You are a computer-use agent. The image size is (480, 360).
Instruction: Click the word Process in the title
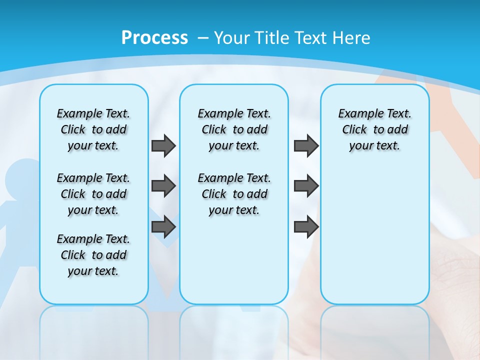pos(154,38)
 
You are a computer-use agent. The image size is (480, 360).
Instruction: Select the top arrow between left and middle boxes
pos(163,146)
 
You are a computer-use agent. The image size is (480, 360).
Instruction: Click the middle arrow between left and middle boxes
pos(163,186)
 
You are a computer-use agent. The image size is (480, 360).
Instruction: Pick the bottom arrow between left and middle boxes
pos(163,227)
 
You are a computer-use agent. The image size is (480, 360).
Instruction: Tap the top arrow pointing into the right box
pos(306,146)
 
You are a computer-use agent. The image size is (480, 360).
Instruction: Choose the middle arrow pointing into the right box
pos(306,186)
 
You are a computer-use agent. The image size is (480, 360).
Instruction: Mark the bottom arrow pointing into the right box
pos(306,227)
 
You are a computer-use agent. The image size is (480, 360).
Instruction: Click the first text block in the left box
pos(93,129)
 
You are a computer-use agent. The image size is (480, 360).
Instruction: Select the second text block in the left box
pos(93,194)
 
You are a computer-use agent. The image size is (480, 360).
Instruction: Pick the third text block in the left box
pos(93,255)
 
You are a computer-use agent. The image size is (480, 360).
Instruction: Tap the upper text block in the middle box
pos(234,129)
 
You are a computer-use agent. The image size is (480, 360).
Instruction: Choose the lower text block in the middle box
pos(234,194)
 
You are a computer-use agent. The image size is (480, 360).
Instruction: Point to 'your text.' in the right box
pos(374,146)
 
